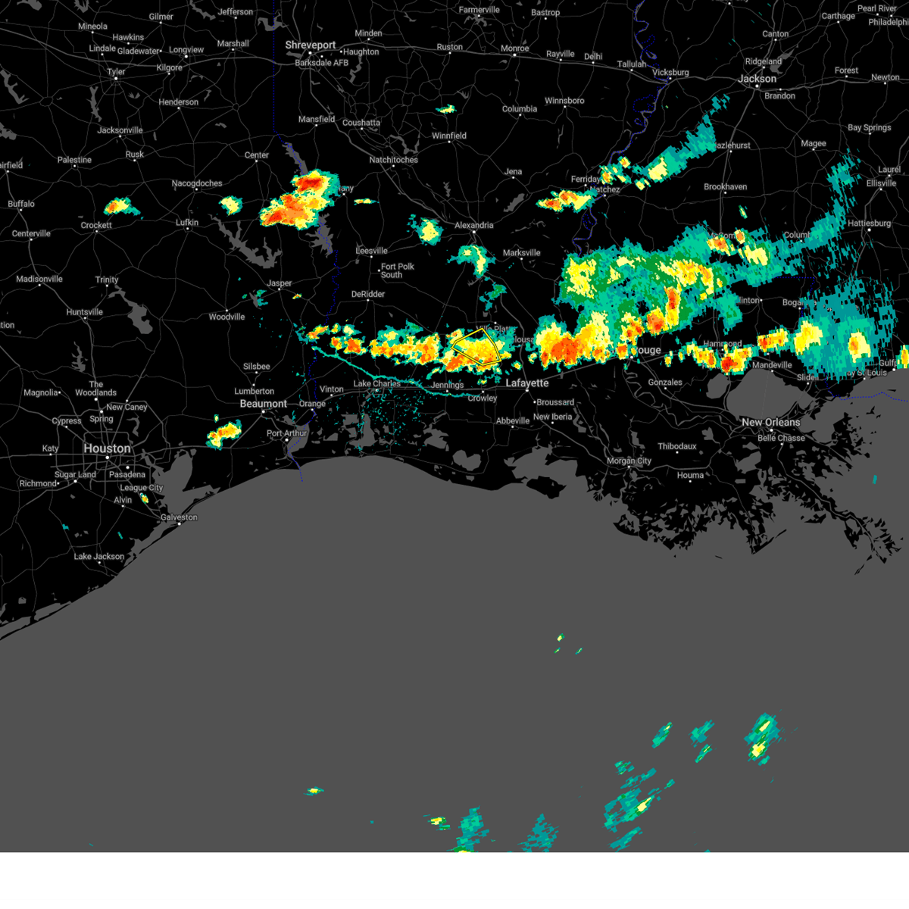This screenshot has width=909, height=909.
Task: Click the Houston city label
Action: (x=107, y=448)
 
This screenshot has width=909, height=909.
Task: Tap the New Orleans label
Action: (x=770, y=422)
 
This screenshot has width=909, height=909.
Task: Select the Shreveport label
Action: (x=310, y=45)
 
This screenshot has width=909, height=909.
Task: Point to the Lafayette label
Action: (x=527, y=383)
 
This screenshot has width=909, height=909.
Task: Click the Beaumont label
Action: (x=263, y=404)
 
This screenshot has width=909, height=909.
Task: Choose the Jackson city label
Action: (x=757, y=79)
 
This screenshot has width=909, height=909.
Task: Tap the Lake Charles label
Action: (x=376, y=384)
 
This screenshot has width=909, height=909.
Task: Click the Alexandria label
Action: (x=473, y=226)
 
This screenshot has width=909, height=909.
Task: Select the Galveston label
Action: (x=179, y=517)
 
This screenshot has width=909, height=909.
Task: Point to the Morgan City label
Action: (x=629, y=461)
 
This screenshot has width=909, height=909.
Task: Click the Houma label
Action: (x=689, y=476)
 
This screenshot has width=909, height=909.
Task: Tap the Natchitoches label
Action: (x=393, y=160)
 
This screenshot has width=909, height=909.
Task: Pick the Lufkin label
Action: (x=186, y=223)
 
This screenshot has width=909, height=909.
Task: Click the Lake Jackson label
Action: (x=98, y=557)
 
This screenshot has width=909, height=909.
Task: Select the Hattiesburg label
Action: (x=869, y=223)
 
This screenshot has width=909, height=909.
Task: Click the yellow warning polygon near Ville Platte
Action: (x=476, y=348)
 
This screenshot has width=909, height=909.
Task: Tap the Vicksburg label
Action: (x=670, y=73)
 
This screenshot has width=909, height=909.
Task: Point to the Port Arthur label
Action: (x=287, y=433)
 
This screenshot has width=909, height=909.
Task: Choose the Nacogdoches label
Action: (x=197, y=183)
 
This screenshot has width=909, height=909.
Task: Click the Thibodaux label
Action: (x=676, y=446)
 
